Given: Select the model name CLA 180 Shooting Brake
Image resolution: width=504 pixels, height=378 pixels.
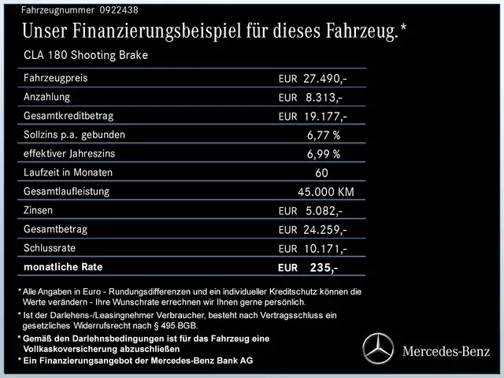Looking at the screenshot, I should pos(86,55).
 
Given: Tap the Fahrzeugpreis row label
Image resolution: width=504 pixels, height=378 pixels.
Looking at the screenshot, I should pos(55,78).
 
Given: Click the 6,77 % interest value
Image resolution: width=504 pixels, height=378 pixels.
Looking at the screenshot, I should pos(324,135).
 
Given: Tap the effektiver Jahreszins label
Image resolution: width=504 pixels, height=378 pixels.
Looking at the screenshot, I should pos(75,154).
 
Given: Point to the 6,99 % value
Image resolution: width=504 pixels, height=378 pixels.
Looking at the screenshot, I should pos(324,154).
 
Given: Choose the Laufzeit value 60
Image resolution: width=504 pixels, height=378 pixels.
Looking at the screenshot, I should pos(321,172).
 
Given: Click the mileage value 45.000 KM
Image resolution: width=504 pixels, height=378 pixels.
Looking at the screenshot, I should pos(325,192).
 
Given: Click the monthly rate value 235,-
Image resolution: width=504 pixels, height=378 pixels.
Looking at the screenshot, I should pos(324,268).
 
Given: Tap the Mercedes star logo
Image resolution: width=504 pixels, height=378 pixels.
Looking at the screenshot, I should pos(377,348).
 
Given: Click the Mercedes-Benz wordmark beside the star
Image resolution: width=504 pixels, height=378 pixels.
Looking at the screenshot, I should pos(446,350).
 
